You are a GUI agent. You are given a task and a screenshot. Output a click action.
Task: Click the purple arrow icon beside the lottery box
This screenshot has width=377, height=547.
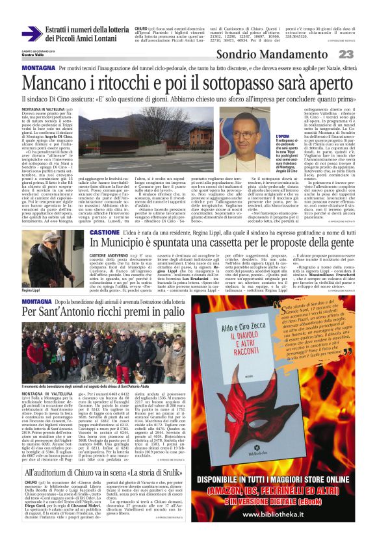click(31, 34)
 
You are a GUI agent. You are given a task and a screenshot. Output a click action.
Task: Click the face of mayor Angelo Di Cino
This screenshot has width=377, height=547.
click(244, 138)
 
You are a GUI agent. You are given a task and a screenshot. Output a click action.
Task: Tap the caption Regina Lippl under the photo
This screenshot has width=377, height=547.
click(31, 290)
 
